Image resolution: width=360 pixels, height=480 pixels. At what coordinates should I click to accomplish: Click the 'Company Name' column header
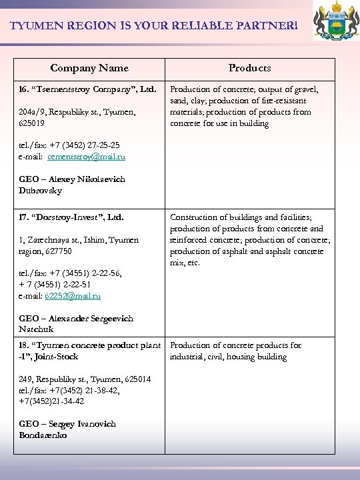(89, 68)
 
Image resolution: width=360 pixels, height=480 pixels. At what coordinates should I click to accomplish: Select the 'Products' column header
(249, 68)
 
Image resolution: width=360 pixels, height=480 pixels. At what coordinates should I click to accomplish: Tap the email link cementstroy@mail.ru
(86, 157)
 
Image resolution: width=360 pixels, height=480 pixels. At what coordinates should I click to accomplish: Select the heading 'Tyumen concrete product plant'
(89, 345)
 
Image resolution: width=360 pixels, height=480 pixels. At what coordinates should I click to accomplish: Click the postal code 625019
(32, 123)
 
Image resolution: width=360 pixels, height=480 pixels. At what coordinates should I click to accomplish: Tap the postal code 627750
(59, 251)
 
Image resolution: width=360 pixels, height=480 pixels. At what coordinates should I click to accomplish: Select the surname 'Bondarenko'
(43, 435)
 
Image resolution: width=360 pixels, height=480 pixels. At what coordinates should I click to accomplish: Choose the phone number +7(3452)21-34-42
(51, 401)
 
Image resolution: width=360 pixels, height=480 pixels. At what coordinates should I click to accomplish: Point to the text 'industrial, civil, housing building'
(228, 357)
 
